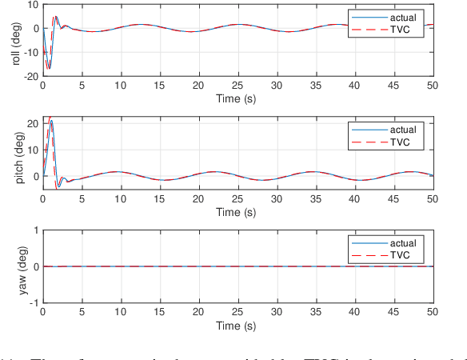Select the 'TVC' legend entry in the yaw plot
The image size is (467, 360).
pyautogui.click(x=400, y=254)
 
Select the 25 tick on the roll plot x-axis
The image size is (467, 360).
pyautogui.click(x=237, y=85)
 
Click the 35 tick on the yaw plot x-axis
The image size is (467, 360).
pyautogui.click(x=315, y=313)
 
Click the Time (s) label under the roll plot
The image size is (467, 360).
pyautogui.click(x=237, y=97)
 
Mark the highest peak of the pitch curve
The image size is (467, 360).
pyautogui.click(x=50, y=118)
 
